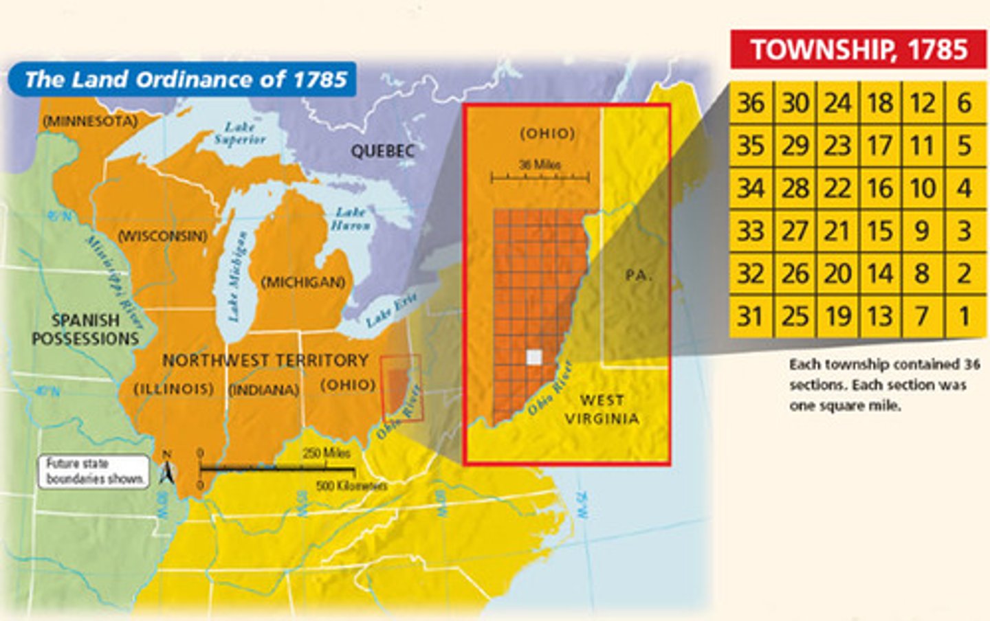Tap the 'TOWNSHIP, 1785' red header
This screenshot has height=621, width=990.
(x=858, y=50)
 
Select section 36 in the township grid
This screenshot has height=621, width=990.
(x=751, y=103)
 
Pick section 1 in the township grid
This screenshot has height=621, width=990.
(x=965, y=316)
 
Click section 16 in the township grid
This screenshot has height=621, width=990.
(x=879, y=188)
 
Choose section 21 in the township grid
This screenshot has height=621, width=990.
(x=837, y=231)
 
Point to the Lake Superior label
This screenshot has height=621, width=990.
(x=239, y=133)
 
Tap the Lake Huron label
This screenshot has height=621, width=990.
(x=350, y=218)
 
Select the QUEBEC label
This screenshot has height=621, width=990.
(x=382, y=151)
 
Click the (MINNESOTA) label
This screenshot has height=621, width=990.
(x=90, y=121)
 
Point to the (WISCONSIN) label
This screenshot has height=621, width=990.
(x=163, y=236)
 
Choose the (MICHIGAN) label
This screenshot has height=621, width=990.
(x=303, y=282)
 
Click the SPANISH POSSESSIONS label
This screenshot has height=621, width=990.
(x=85, y=330)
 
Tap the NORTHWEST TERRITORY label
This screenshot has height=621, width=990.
(x=265, y=361)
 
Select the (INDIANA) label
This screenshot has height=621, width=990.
(x=264, y=389)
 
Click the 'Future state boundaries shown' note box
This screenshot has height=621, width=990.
(x=93, y=472)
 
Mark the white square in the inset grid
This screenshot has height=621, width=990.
(x=533, y=357)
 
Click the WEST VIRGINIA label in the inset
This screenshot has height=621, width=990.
(x=602, y=409)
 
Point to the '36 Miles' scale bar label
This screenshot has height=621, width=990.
(x=540, y=165)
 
